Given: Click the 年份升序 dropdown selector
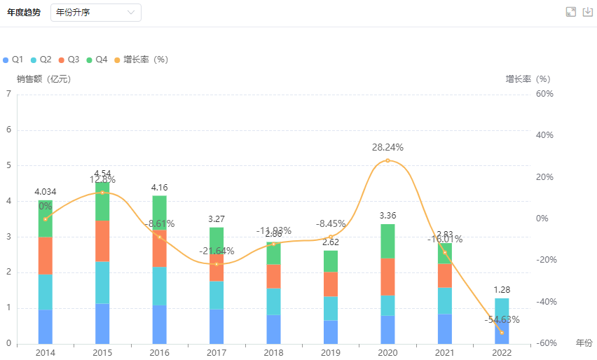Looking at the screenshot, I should point(95,13).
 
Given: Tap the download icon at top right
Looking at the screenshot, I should point(588,12).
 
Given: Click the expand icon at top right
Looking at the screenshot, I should point(570,12).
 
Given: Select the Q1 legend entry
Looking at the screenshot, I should point(14,60).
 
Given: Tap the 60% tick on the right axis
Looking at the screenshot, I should point(545,94).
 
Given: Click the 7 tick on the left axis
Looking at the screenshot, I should point(8,94).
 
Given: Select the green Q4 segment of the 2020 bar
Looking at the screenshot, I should point(387,241).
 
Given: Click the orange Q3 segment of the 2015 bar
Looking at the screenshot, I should point(102,241).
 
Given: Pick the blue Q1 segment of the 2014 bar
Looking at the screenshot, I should point(46,326).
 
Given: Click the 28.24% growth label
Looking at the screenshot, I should point(387,148).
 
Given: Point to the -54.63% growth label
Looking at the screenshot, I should point(502,319).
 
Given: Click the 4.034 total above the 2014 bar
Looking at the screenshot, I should point(46,192).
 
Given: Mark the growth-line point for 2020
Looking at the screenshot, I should point(387,160).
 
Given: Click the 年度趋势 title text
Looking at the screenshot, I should point(24,13).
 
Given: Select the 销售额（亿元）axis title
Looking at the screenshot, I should point(43,79).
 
